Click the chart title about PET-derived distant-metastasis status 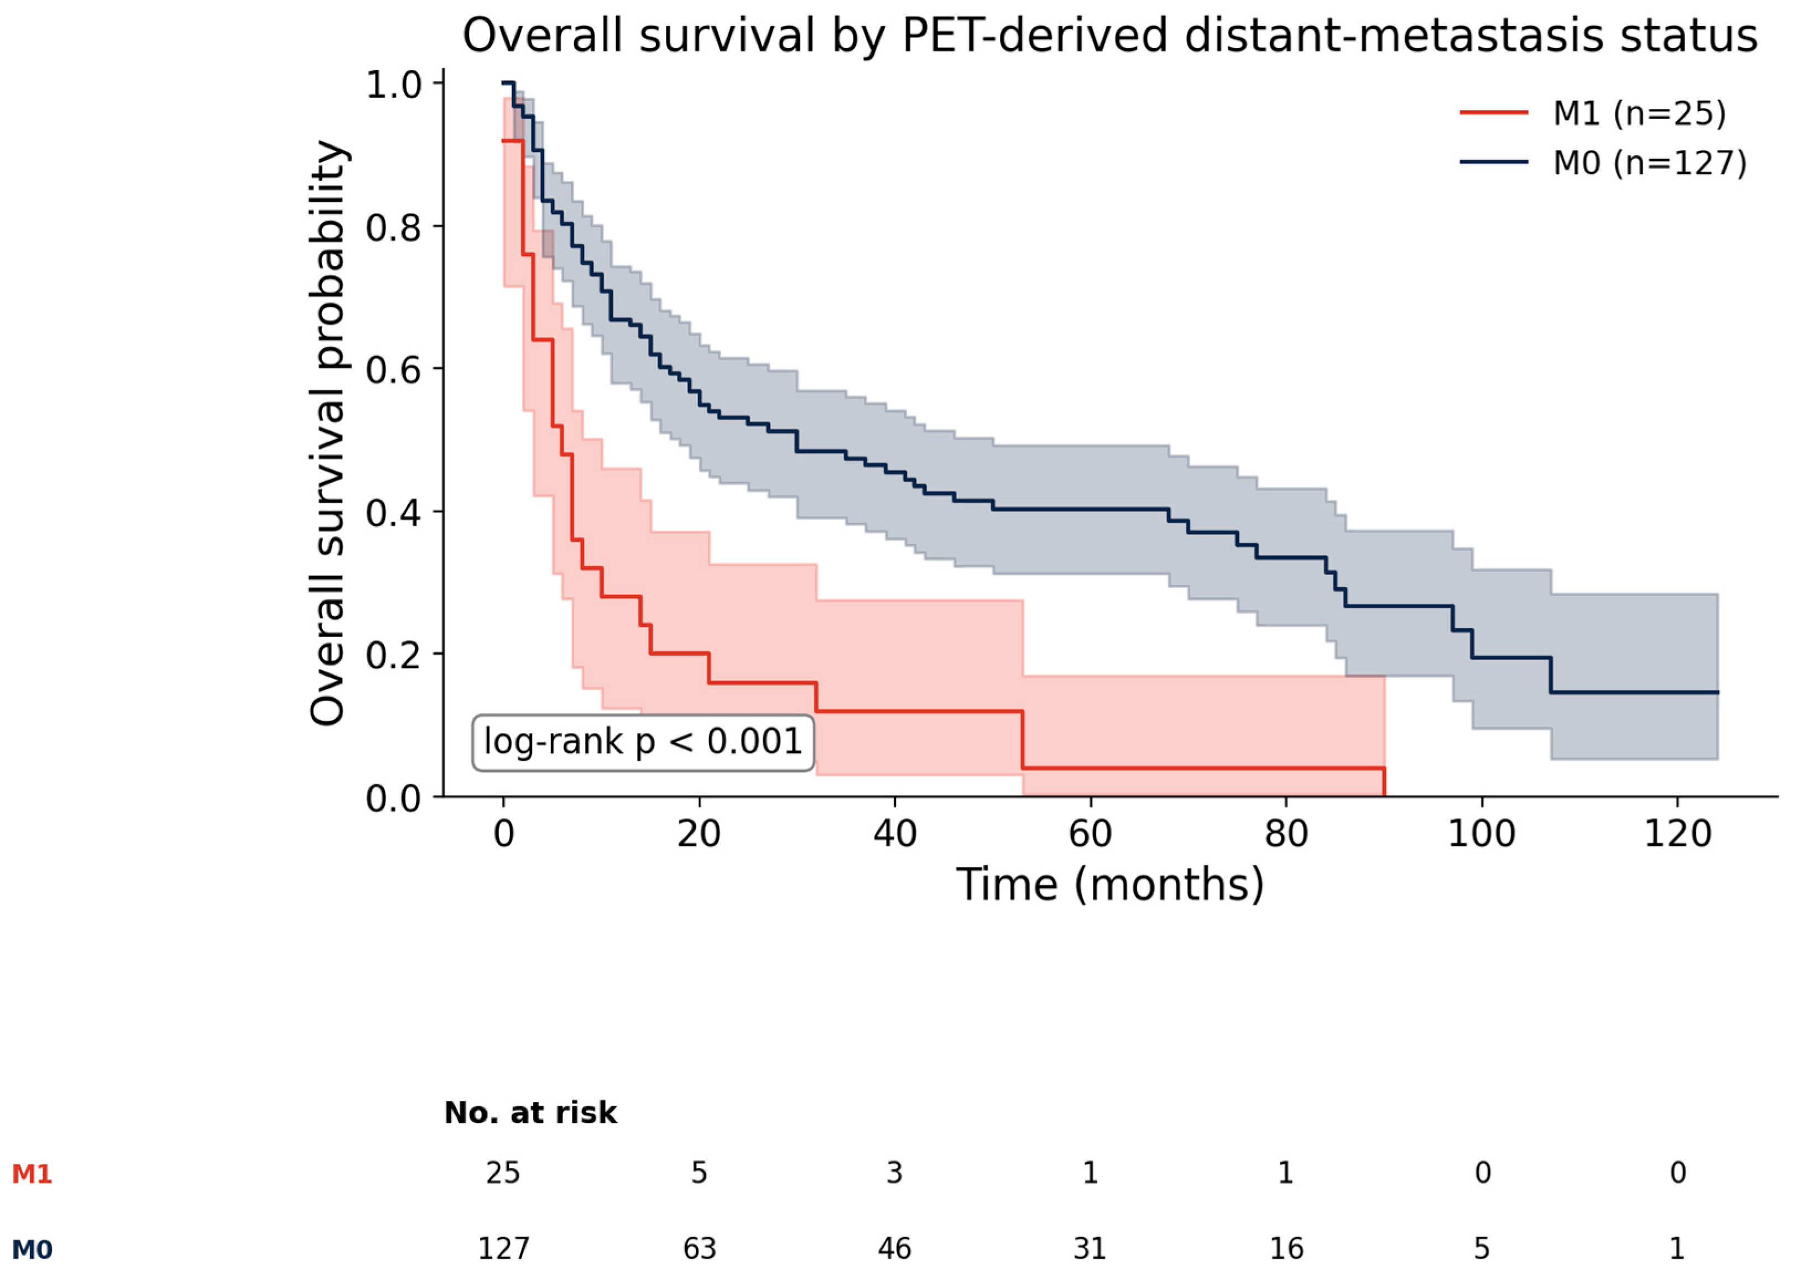(x=1109, y=36)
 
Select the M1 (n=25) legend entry (x=1592, y=113)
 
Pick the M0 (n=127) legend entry (x=1603, y=163)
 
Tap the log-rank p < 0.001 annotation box (x=643, y=743)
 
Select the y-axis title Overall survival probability (x=327, y=433)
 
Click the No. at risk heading (x=530, y=1113)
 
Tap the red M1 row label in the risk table (x=32, y=1174)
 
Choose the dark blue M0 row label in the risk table (x=32, y=1250)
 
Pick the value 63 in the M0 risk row (x=699, y=1249)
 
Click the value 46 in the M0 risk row (x=895, y=1249)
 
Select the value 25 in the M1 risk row (x=503, y=1173)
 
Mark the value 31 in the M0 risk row (x=1090, y=1249)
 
